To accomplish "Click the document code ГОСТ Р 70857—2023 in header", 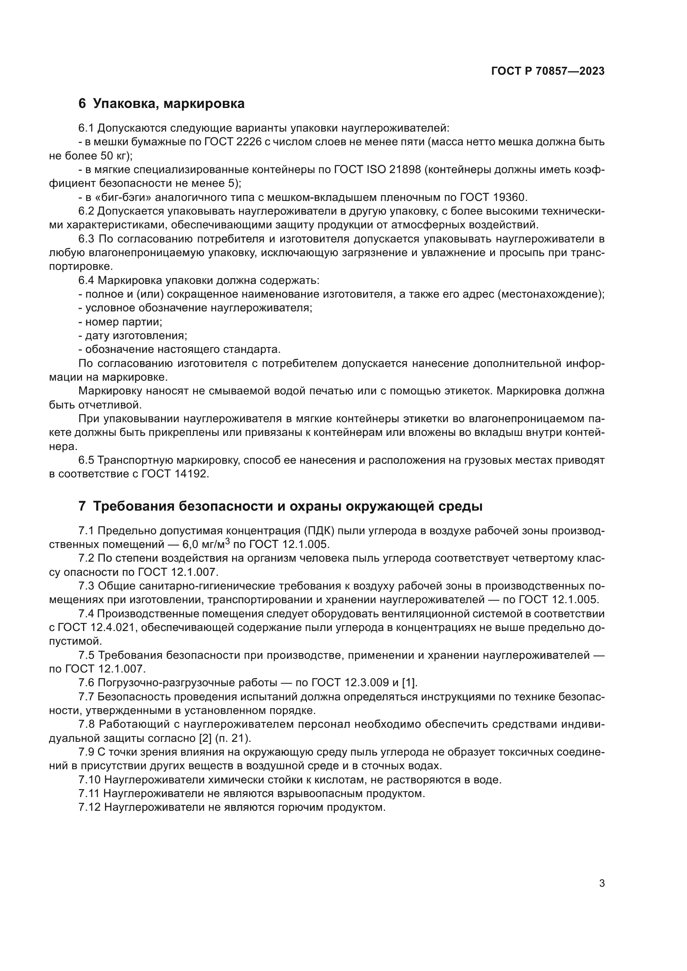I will [548, 71].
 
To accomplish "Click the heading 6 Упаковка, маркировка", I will [162, 104].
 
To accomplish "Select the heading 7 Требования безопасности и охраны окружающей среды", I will [280, 506].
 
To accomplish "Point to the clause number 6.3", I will [86, 240].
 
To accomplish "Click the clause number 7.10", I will [89, 780].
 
